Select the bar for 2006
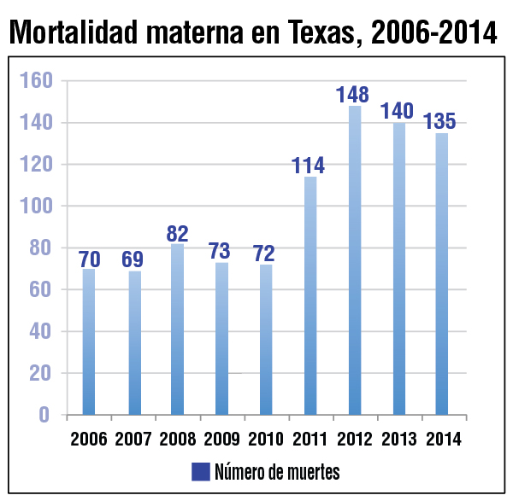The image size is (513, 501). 89,341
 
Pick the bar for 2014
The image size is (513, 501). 441,273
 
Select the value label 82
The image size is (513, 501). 177,233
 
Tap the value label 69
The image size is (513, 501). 133,259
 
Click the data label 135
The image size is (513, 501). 440,121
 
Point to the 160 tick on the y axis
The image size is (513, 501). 37,81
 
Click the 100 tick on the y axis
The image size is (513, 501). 37,207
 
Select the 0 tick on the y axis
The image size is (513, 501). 44,415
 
